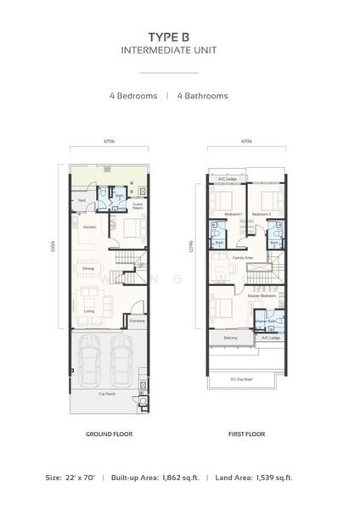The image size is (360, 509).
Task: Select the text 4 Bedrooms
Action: [x=133, y=96]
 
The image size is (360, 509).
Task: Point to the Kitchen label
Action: [x=88, y=228]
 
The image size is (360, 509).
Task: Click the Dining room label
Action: [x=88, y=269]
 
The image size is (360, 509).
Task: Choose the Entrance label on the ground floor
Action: [x=137, y=321]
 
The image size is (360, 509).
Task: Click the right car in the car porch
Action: [x=121, y=360]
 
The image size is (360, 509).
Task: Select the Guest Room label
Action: [x=138, y=206]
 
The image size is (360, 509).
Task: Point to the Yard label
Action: [x=82, y=200]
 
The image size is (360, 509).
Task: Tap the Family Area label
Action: [x=242, y=257]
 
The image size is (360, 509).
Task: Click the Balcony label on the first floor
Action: [x=230, y=338]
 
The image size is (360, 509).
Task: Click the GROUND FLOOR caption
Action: [x=109, y=434]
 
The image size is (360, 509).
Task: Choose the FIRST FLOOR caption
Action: [x=247, y=434]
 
